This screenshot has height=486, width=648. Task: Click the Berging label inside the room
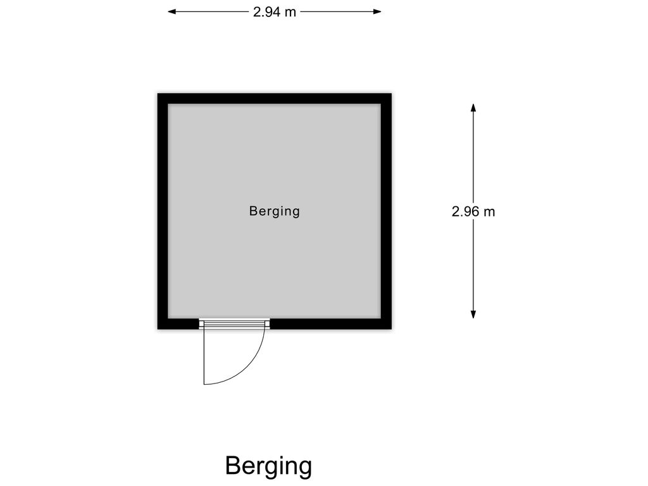(275, 211)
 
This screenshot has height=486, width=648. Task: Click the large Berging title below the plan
(268, 466)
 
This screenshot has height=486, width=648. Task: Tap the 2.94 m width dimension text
(275, 12)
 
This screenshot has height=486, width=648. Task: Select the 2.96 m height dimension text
(473, 211)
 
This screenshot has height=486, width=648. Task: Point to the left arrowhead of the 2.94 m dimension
(171, 11)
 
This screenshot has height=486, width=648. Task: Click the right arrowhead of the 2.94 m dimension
(377, 11)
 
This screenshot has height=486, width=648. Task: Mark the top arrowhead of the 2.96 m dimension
(473, 108)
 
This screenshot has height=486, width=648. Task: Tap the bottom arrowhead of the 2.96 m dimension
(473, 314)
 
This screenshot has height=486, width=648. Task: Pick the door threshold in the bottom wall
(234, 324)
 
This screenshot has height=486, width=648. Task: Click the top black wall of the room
(275, 99)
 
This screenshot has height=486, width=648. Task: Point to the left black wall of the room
(163, 211)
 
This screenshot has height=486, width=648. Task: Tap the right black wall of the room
(387, 211)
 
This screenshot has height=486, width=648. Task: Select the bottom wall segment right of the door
(331, 324)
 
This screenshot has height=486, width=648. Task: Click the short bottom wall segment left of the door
(178, 324)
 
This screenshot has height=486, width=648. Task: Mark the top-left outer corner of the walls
(158, 94)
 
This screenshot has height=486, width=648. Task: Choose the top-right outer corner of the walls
(392, 94)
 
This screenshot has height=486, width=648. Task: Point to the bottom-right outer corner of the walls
(392, 329)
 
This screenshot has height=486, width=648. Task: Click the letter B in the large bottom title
(233, 465)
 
